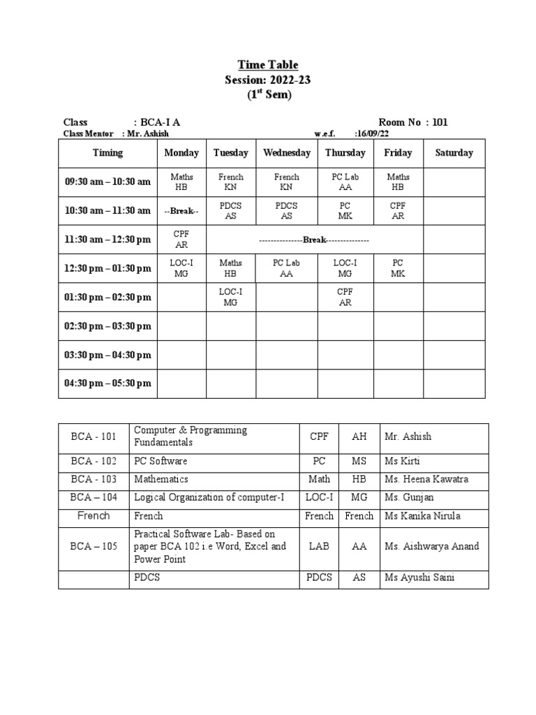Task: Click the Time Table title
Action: (267, 65)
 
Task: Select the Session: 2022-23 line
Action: (267, 80)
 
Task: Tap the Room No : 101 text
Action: (412, 122)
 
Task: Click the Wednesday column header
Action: (286, 153)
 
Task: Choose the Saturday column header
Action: (454, 153)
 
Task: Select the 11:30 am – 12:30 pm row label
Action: (107, 239)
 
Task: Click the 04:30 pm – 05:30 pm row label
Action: (107, 383)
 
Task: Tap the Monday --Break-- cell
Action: (181, 211)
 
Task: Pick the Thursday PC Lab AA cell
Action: (345, 182)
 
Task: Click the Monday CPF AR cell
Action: (181, 239)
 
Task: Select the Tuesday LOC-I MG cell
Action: (230, 297)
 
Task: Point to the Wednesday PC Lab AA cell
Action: (286, 268)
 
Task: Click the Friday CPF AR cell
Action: (398, 211)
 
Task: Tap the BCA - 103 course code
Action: (94, 480)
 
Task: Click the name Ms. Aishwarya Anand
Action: (431, 546)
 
